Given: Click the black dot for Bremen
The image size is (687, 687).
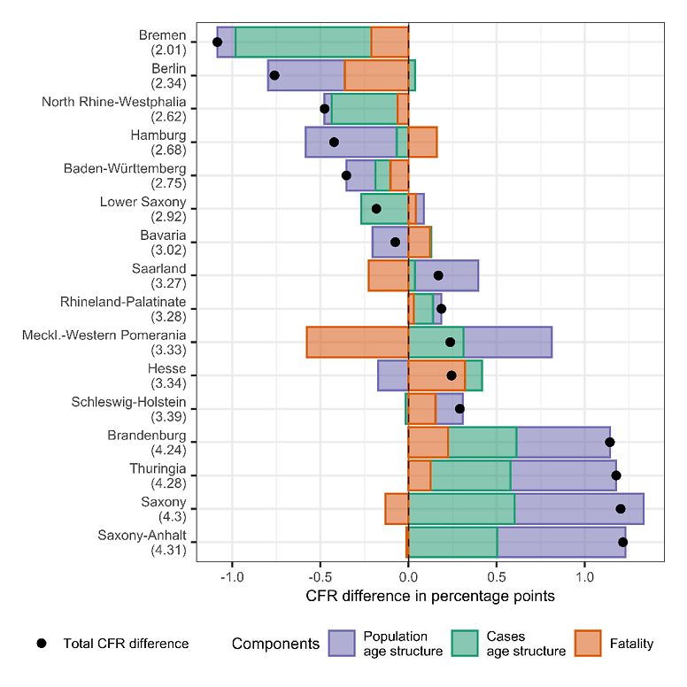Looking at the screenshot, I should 218,42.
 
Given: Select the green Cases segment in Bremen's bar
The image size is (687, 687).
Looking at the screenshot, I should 303,42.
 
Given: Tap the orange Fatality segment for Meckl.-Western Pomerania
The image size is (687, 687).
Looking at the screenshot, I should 358,342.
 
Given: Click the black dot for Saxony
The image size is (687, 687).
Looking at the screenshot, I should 621,508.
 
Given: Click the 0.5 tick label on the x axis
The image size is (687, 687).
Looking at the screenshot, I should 497,580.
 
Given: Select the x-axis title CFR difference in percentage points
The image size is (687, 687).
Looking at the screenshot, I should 430,597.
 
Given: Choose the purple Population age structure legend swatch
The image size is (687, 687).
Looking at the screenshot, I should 341,644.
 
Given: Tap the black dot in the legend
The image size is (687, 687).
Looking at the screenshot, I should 42,644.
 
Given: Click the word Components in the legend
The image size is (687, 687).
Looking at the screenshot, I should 274,644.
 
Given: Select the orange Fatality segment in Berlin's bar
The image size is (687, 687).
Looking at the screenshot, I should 376,75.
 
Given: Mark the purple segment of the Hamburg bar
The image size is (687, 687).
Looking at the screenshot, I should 351,142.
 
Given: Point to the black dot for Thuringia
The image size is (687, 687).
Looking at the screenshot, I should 616,475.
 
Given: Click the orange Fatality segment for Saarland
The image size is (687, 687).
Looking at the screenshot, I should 389,275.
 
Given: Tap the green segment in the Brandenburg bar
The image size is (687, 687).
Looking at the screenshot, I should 482,442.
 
